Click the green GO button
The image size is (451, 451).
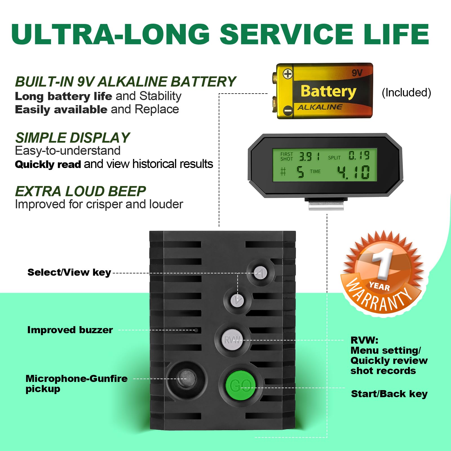(240, 385)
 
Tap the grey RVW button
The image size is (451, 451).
(232, 340)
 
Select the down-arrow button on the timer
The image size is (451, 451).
(237, 300)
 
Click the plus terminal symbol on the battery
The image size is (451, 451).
(288, 74)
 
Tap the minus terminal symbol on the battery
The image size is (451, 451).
(288, 110)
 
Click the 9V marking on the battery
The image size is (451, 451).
(357, 73)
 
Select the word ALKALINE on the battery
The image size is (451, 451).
(320, 107)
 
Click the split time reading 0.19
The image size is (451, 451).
(359, 155)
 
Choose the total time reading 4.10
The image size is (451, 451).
(353, 172)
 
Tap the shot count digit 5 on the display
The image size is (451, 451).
(300, 172)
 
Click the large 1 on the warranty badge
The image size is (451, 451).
(383, 264)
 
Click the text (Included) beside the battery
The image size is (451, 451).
(406, 92)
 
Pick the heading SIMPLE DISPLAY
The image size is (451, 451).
(72, 138)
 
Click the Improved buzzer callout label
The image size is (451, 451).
(70, 330)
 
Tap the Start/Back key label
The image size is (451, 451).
(389, 394)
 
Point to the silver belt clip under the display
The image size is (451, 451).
(326, 205)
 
